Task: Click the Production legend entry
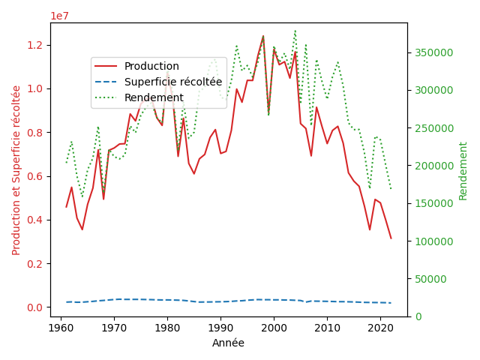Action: (x=136, y=66)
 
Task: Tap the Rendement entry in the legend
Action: (x=139, y=97)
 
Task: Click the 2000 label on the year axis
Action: (x=274, y=328)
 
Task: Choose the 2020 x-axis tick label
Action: (x=380, y=328)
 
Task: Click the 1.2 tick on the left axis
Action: (x=35, y=45)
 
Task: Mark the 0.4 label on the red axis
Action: (x=35, y=220)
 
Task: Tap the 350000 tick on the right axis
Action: (x=433, y=52)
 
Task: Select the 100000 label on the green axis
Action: (x=433, y=241)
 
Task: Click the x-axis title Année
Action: (x=228, y=343)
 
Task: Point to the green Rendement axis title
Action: (x=463, y=171)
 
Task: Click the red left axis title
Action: (x=16, y=170)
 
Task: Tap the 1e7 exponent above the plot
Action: (x=60, y=16)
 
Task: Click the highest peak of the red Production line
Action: (x=263, y=36)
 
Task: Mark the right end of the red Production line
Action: (x=391, y=238)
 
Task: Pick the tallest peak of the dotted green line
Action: (x=295, y=30)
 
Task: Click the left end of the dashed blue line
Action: (x=67, y=302)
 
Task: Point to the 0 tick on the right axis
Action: (x=418, y=316)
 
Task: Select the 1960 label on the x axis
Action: (x=61, y=328)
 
